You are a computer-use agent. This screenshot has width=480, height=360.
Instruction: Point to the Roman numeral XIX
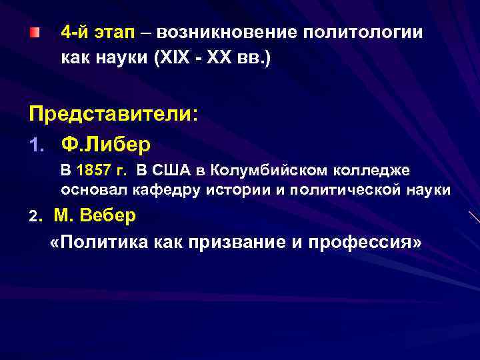click(x=171, y=59)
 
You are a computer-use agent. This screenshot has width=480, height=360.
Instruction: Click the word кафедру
click(x=171, y=190)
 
